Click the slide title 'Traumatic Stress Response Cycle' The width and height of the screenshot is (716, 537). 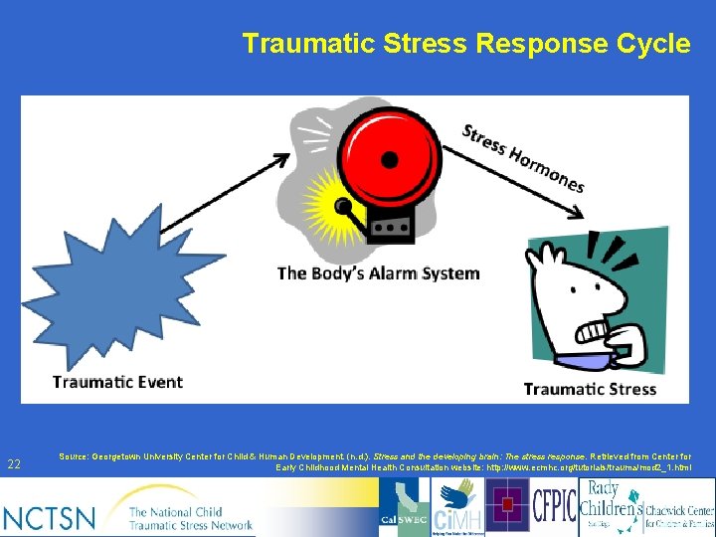[465, 44]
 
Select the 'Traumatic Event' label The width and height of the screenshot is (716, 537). [117, 382]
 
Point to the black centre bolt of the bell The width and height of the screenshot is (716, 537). [389, 159]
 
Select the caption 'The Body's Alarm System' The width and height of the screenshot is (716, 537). [378, 272]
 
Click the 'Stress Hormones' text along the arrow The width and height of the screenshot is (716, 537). [523, 157]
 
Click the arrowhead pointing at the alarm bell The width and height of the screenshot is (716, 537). [282, 158]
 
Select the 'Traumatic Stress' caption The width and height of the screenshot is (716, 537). [590, 389]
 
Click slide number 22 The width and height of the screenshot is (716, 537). [14, 463]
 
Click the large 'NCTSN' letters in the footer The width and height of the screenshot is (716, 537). [50, 516]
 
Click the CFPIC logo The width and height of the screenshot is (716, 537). [554, 505]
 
